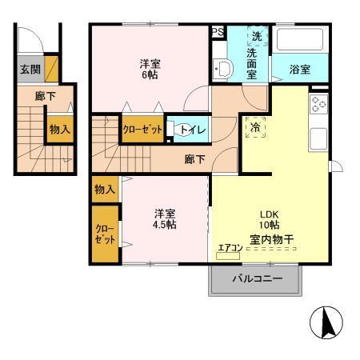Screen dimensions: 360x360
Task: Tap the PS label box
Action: (x=218, y=33)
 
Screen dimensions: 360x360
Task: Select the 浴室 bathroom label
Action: (x=299, y=70)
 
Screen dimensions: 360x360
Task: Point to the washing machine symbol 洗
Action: (x=256, y=36)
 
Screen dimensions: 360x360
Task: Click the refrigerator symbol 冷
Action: (x=255, y=126)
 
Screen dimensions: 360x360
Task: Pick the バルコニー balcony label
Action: (x=256, y=280)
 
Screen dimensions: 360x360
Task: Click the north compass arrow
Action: (x=326, y=323)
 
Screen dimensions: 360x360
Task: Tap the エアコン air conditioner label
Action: (x=228, y=248)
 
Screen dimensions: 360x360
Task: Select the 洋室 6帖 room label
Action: (x=150, y=70)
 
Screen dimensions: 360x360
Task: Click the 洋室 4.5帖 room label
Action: (x=166, y=218)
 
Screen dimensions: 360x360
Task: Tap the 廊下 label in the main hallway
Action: (x=194, y=159)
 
